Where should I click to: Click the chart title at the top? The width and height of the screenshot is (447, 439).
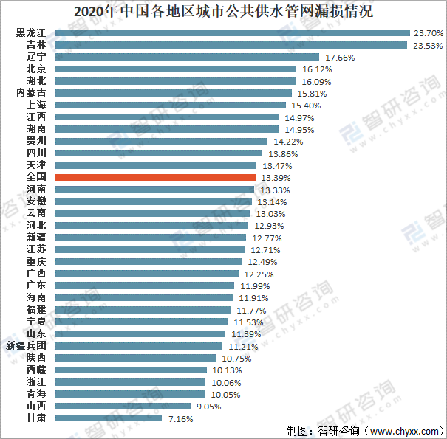pyautogui.click(x=223, y=13)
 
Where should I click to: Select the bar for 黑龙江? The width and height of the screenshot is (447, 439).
pyautogui.click(x=233, y=33)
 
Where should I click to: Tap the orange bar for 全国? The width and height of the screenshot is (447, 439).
pyautogui.click(x=156, y=178)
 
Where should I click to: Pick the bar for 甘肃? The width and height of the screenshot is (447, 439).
pyautogui.click(x=109, y=418)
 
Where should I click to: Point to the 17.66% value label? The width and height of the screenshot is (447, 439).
pyautogui.click(x=340, y=57)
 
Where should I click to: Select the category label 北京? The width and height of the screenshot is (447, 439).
pyautogui.click(x=35, y=69)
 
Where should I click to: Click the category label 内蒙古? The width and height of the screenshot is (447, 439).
pyautogui.click(x=30, y=93)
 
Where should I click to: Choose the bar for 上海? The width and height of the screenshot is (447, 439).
pyautogui.click(x=167, y=106)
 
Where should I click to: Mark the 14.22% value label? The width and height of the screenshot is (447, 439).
pyautogui.click(x=288, y=141)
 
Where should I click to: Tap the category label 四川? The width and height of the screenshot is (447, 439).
pyautogui.click(x=35, y=153)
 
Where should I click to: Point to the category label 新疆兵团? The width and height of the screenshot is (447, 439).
pyautogui.click(x=26, y=345)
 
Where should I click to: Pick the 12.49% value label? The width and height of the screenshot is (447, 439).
pyautogui.click(x=262, y=262)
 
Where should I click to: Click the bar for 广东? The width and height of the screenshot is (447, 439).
pyautogui.click(x=146, y=286)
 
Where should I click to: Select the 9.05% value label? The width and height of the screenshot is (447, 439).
pyautogui.click(x=206, y=406)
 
